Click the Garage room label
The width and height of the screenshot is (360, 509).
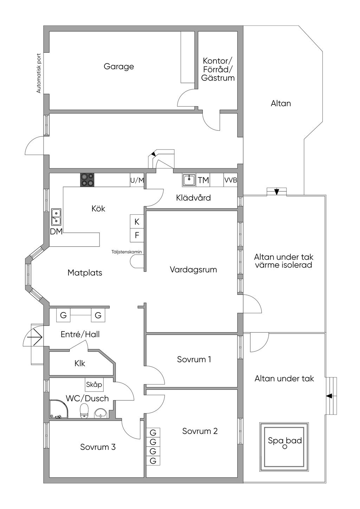point(119,66)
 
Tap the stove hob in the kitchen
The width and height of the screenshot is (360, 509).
point(88,180)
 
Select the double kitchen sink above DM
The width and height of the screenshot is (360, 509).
point(56,217)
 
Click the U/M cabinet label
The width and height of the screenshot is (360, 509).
point(137,180)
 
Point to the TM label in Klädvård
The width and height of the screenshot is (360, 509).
point(203,180)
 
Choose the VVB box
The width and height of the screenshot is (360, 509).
point(231,180)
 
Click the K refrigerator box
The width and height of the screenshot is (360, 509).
point(137,222)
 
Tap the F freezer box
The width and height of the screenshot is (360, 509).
point(137,235)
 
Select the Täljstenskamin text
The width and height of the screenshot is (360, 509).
point(127,252)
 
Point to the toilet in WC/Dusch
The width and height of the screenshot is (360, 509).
point(84,411)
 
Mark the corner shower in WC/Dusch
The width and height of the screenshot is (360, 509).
point(59,409)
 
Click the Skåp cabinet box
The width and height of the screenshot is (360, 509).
point(94,385)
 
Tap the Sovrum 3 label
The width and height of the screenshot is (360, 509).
point(98,447)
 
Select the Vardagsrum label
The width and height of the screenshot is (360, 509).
point(193,270)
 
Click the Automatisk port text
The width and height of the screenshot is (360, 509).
point(39,73)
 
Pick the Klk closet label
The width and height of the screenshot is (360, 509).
point(80,363)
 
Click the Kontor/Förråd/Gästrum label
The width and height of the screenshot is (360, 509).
point(218,69)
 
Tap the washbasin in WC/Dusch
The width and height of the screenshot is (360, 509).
point(101,412)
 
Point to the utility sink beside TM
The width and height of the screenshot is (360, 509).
point(189,180)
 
